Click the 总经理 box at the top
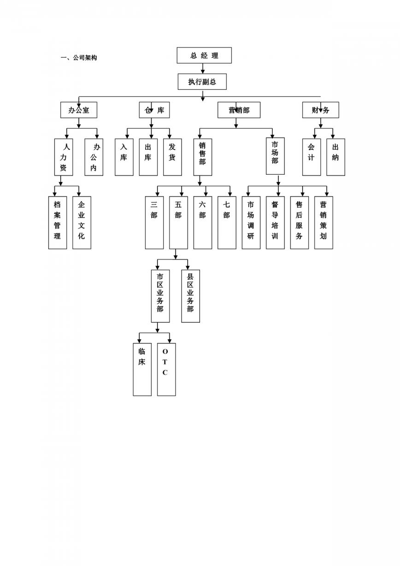pos(204,55)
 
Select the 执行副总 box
pos(202,82)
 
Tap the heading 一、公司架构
pos(79,58)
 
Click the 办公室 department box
pos(79,110)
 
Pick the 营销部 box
pos(239,110)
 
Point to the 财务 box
pos(320,110)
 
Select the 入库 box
pos(124,157)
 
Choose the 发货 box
pos(172,157)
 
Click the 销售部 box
pos(203,157)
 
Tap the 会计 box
pos(312,157)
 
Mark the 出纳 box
pos(335,157)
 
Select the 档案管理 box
pos(57,223)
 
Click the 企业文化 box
pos(82,223)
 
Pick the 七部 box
pos(227,223)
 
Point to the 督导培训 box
pos(275,223)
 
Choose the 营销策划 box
pos(324,223)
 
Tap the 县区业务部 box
pos(190,296)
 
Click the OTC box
pos(166,369)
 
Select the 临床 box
pos(142,369)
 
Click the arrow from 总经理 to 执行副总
pos(203,69)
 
